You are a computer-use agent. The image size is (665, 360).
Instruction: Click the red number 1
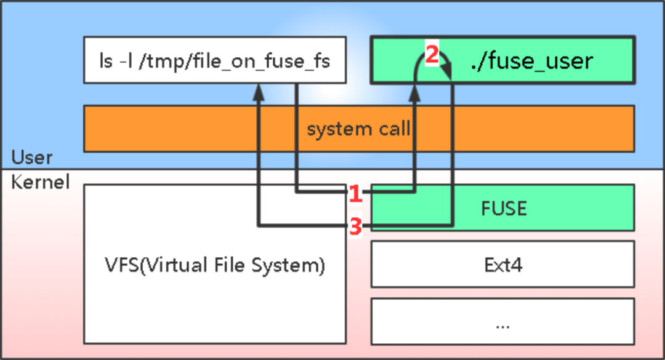[355, 194]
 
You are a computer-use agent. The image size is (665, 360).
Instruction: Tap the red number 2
[432, 55]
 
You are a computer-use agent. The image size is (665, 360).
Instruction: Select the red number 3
[355, 227]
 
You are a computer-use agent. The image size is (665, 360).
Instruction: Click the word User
[32, 158]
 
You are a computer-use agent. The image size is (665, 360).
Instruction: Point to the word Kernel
[41, 182]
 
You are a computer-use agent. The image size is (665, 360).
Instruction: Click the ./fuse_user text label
[531, 60]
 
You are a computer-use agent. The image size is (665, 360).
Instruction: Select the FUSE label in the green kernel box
[504, 208]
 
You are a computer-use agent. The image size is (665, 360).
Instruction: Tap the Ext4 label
[502, 265]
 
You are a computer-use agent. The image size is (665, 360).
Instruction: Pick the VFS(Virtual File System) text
[214, 266]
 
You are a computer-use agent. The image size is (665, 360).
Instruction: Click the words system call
[358, 129]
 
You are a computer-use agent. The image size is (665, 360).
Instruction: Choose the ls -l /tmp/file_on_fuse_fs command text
[214, 61]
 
